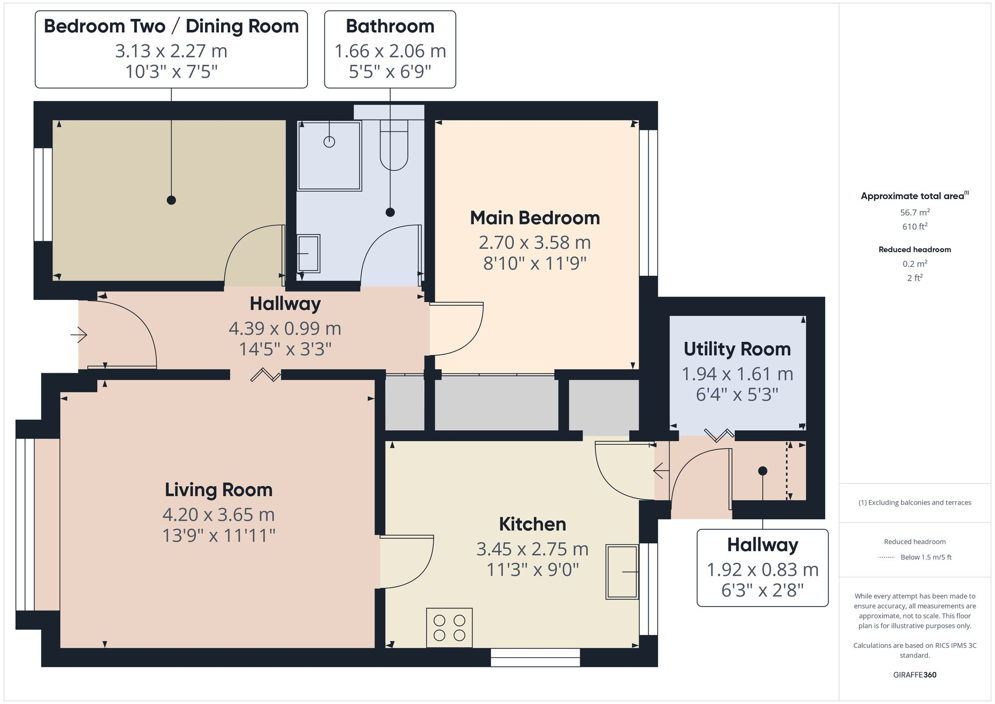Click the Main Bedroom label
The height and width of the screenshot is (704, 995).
pyautogui.click(x=534, y=218)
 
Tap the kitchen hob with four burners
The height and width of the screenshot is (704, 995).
pyautogui.click(x=449, y=627)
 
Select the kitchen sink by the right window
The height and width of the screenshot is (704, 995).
pyautogui.click(x=622, y=572)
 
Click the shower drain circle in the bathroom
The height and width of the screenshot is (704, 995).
pyautogui.click(x=329, y=142)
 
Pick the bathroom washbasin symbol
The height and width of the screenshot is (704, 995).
pyautogui.click(x=308, y=254)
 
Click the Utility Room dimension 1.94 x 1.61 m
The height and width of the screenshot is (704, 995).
pyautogui.click(x=737, y=374)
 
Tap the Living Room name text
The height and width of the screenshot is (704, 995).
pyautogui.click(x=218, y=490)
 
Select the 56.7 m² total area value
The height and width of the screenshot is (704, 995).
pyautogui.click(x=914, y=212)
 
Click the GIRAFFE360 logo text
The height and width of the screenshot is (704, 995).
pyautogui.click(x=914, y=675)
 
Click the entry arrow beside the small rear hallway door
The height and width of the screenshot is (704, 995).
pyautogui.click(x=661, y=470)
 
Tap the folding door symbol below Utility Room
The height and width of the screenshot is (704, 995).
pyautogui.click(x=719, y=435)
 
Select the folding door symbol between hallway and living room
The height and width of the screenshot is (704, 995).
pyautogui.click(x=265, y=375)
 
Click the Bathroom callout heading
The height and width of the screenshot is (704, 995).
pyautogui.click(x=390, y=26)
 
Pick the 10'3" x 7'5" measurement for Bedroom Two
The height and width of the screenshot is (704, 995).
pyautogui.click(x=171, y=72)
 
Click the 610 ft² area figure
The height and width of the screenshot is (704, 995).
pyautogui.click(x=914, y=226)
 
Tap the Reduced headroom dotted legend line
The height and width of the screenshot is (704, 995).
pyautogui.click(x=887, y=557)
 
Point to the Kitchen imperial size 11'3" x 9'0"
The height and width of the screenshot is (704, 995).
pyautogui.click(x=532, y=569)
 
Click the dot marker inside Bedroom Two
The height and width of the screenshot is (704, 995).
pyautogui.click(x=171, y=200)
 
